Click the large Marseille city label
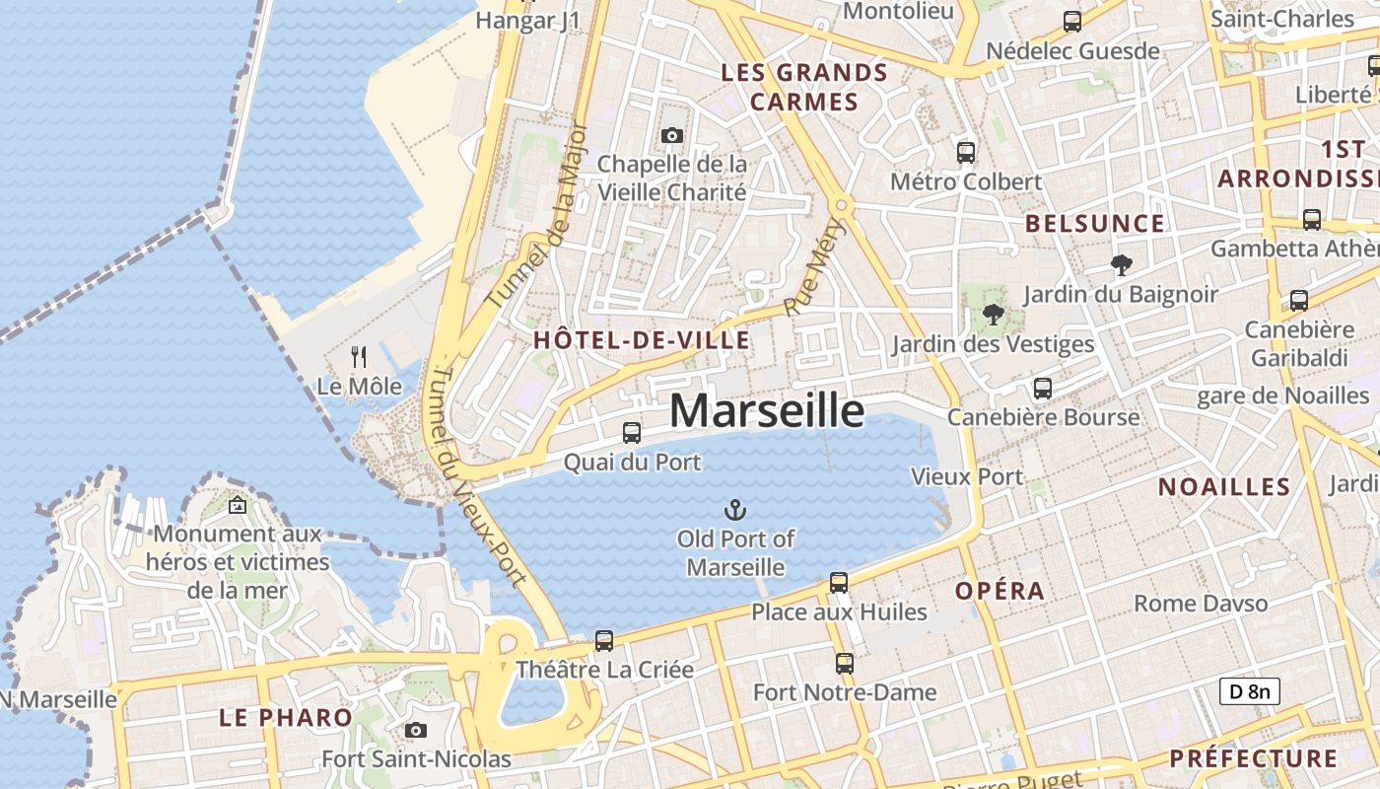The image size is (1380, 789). [767, 411]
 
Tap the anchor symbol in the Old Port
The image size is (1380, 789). [734, 510]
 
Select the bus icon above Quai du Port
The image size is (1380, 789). [632, 432]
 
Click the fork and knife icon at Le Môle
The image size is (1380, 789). [359, 357]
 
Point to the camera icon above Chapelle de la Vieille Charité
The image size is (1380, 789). [672, 135]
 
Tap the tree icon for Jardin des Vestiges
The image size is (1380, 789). [993, 315]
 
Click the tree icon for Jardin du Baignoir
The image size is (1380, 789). [1121, 264]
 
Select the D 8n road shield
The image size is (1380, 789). [1249, 691]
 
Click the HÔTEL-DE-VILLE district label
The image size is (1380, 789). [642, 341]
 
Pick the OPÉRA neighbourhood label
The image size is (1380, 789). [1000, 591]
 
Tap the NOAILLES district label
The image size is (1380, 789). [1224, 486]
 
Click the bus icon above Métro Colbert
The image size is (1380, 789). [966, 152]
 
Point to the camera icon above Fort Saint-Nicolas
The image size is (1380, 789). [416, 730]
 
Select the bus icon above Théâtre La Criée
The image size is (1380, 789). [604, 640]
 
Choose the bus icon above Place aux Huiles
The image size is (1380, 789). [839, 582]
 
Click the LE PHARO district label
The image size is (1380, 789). [286, 717]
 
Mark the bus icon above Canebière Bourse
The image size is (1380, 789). [1043, 389]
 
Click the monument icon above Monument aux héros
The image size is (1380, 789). [238, 505]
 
